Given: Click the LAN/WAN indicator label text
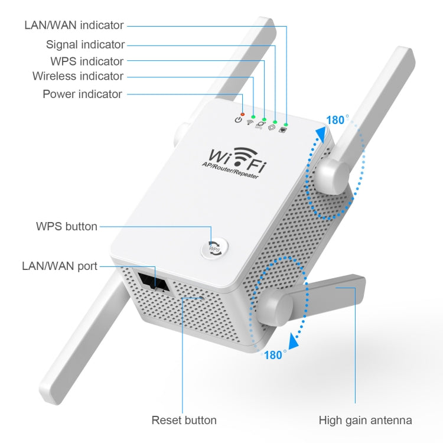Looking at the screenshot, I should (x=74, y=25).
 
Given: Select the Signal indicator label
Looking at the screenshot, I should (x=85, y=44).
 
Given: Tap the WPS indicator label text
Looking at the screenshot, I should (x=87, y=61).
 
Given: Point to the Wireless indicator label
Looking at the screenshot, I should (x=78, y=76).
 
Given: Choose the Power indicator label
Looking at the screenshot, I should (x=83, y=94).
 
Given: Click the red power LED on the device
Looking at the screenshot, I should (x=242, y=113).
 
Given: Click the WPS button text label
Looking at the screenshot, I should (x=67, y=226).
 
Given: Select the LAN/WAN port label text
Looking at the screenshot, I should (x=60, y=266).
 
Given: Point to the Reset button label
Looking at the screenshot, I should (x=184, y=421).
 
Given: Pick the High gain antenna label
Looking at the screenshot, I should (x=365, y=421).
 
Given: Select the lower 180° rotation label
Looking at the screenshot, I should (x=275, y=355).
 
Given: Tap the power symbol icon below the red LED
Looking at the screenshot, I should (x=239, y=120).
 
